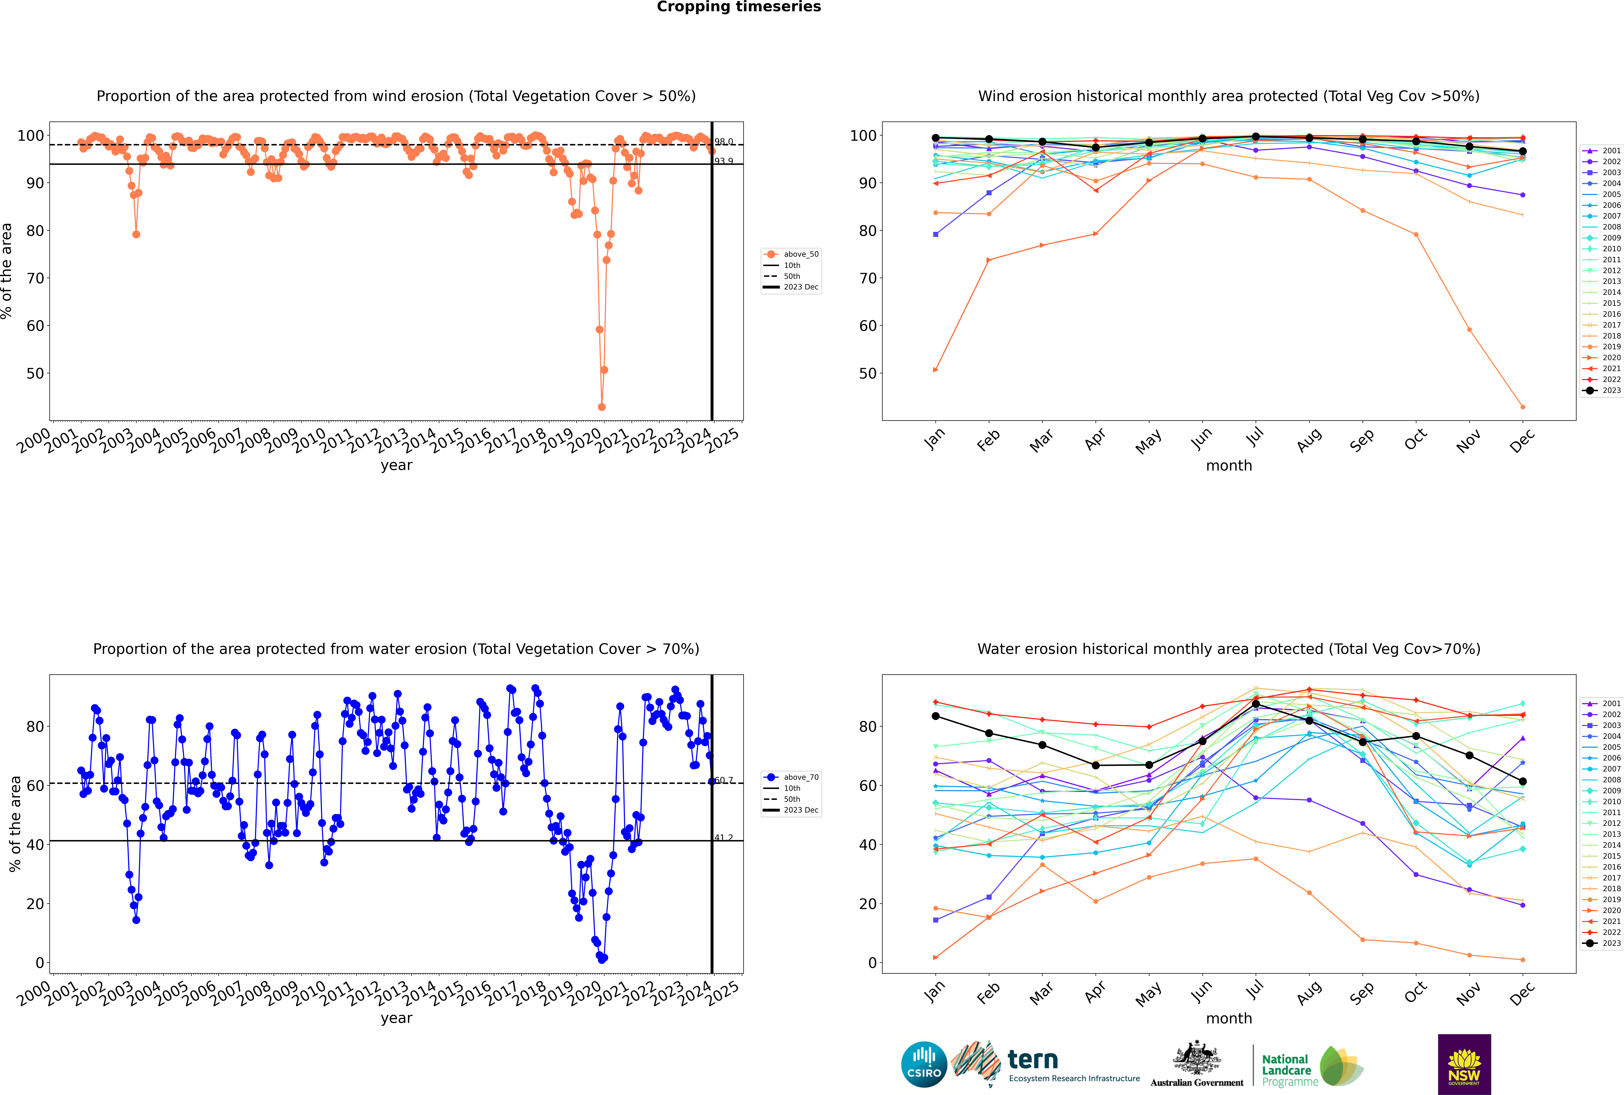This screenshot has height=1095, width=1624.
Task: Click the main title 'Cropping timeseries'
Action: pos(739,7)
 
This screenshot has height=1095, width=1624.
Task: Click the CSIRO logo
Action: pos(924,1064)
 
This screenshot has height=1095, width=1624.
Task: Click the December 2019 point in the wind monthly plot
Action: pos(1523,407)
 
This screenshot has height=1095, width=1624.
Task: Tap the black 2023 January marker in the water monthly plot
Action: pos(936,716)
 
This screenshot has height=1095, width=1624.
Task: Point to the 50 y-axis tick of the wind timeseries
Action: pos(35,374)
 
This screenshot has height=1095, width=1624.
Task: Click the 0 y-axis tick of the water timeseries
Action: pos(40,963)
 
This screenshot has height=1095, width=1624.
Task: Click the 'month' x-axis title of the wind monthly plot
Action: pos(1229,466)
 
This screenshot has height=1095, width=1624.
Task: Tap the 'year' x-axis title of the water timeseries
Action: pos(397,1018)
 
